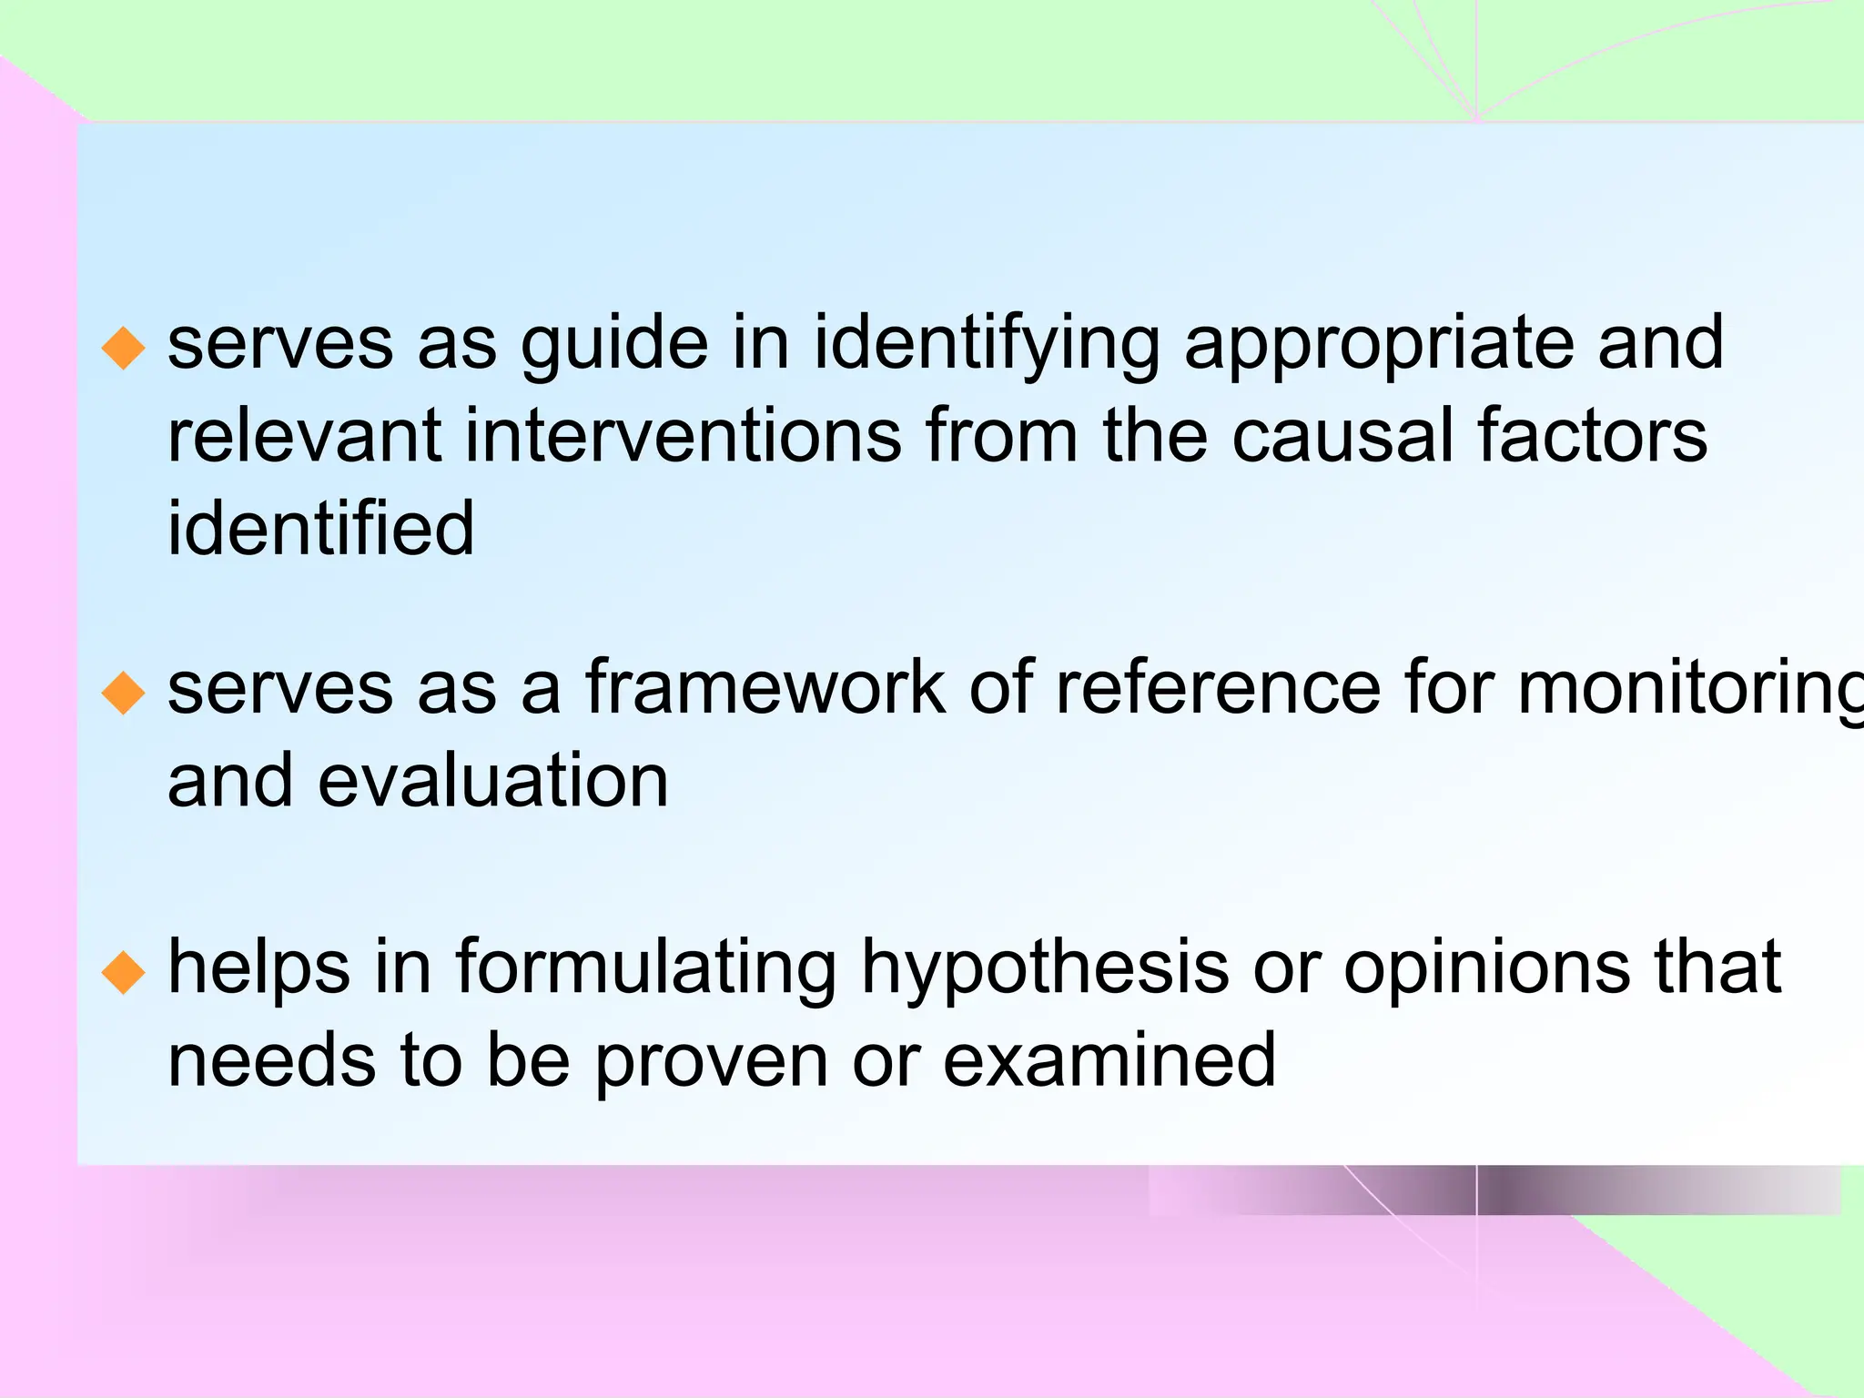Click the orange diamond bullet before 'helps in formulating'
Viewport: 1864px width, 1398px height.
point(124,973)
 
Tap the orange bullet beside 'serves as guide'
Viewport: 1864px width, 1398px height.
point(124,349)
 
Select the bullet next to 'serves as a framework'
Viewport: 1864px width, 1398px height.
point(124,694)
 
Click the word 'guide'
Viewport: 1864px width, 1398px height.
point(614,346)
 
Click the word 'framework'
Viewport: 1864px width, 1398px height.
point(765,688)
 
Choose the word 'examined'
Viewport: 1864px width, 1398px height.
point(1109,1060)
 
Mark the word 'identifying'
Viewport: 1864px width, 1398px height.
point(987,346)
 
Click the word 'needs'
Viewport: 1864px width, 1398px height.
point(272,1060)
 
